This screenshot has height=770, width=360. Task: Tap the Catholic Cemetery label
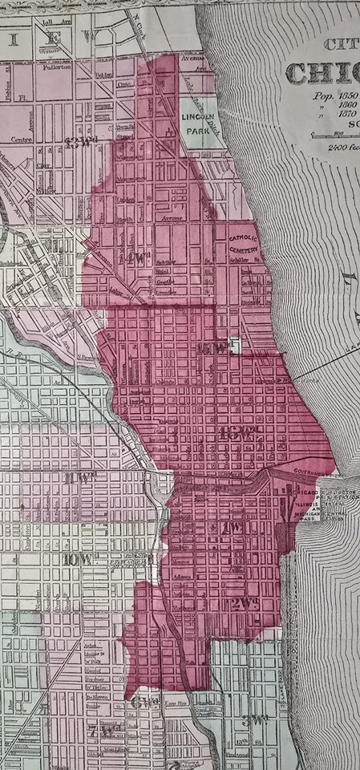click(245, 245)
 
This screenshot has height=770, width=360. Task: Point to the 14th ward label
click(138, 258)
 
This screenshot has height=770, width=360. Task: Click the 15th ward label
click(216, 346)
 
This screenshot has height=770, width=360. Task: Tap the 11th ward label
click(79, 480)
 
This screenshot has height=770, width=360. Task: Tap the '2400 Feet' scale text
click(337, 146)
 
